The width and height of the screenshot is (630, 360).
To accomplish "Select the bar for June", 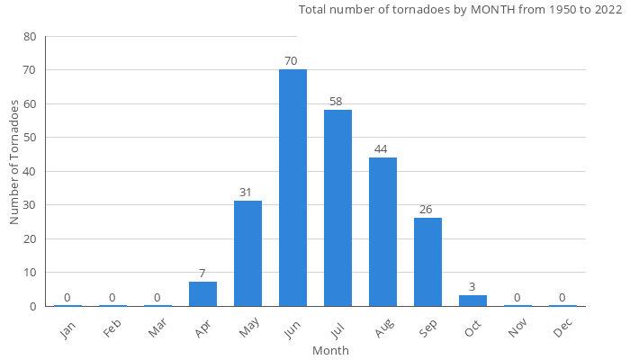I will point(292,187).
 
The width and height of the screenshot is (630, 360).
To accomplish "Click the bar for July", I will point(337,208).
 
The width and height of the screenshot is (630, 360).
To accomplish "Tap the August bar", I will point(382,231).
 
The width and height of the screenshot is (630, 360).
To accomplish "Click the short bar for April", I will point(202,294).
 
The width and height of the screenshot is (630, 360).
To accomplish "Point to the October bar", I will point(472,301).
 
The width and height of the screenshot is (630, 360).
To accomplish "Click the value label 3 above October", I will point(472,287).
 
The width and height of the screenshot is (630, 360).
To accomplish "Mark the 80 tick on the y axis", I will point(31,37).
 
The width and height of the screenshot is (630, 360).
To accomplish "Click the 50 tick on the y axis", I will point(31,138).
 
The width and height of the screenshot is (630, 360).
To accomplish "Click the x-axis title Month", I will point(330,350).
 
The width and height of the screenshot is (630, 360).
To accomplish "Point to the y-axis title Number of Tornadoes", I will point(14,162).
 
